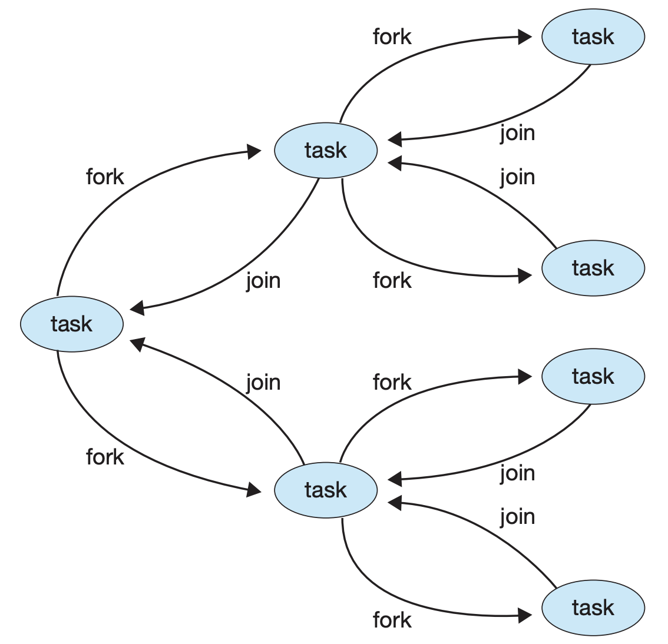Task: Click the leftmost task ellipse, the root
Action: [x=72, y=324]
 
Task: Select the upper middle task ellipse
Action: [x=326, y=151]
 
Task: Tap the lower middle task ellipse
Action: [x=326, y=490]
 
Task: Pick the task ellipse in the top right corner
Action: [x=593, y=37]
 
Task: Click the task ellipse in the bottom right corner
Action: [x=593, y=608]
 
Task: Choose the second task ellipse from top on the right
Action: [x=593, y=268]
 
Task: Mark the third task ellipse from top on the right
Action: [x=593, y=376]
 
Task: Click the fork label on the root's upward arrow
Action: [x=105, y=177]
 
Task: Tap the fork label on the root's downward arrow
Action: [x=105, y=457]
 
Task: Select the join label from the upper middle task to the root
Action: [x=263, y=281]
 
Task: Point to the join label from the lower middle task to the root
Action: [x=263, y=383]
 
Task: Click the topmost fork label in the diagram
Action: [x=392, y=37]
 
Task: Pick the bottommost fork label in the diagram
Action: [x=392, y=620]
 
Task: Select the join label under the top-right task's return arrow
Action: [x=517, y=133]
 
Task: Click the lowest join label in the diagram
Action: [x=517, y=517]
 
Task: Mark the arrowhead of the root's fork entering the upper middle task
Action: [x=254, y=152]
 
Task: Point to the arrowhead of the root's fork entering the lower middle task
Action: [x=254, y=489]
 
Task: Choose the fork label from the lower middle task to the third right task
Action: [x=392, y=383]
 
